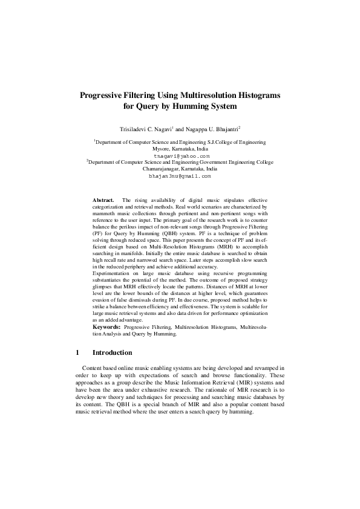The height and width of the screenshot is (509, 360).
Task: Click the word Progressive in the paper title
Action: pos(105,96)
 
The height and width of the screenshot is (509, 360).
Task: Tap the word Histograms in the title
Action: pos(257,96)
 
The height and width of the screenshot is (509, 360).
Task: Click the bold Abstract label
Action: pos(103,199)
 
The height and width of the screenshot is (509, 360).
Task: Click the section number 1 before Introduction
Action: pos(77,352)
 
